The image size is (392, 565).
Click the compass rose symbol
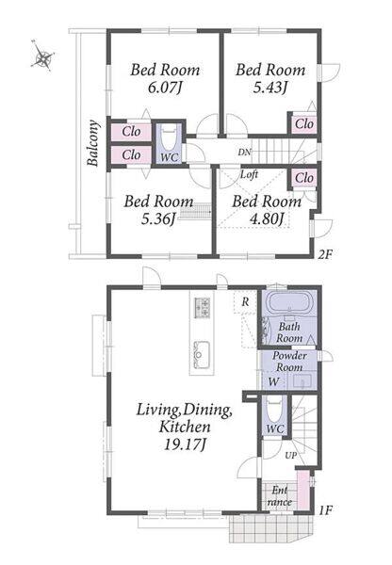(43, 56)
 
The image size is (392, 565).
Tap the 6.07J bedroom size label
(165, 88)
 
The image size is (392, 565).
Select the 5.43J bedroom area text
(269, 88)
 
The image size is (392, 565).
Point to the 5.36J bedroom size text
(158, 218)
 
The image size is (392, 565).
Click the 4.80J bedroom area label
(267, 218)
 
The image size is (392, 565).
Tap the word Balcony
(93, 143)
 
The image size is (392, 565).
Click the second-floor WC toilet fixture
(169, 137)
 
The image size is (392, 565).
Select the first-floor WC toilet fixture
(275, 410)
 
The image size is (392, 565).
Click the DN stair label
(244, 152)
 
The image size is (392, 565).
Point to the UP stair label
(290, 456)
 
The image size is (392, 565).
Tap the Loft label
(249, 175)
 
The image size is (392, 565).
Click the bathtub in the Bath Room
(289, 303)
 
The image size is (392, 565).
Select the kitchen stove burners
(202, 307)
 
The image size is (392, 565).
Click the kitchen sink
(202, 355)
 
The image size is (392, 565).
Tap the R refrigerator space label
(245, 301)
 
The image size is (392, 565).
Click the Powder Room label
(289, 362)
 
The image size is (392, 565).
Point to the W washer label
(274, 381)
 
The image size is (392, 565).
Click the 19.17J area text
(185, 444)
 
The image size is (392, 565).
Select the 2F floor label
(324, 255)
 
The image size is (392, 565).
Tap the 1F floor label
(326, 510)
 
